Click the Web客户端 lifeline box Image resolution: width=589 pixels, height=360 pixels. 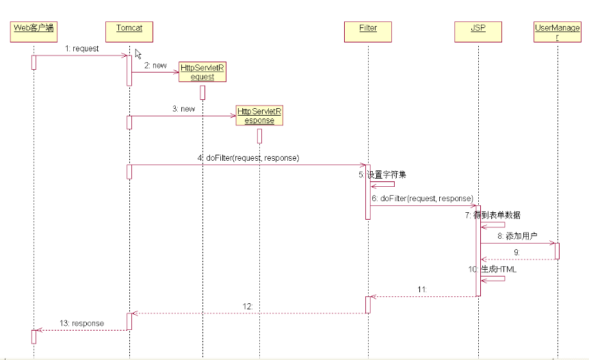pos(34,31)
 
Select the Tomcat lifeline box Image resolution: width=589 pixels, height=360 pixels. pos(129,31)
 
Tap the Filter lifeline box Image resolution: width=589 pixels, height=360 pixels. pos(368,31)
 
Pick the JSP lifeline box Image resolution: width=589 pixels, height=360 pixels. pos(479,31)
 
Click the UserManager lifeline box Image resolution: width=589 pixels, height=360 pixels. pos(558,32)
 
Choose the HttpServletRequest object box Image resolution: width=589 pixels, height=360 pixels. pos(202,72)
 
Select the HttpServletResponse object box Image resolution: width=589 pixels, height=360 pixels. pos(259,115)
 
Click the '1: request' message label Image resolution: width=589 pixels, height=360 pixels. pos(82,49)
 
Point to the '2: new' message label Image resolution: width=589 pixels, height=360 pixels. pos(155,65)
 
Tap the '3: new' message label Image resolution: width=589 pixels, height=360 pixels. pos(183,109)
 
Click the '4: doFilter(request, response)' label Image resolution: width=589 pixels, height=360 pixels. pos(248,158)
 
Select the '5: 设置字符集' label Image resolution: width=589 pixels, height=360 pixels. pos(382,175)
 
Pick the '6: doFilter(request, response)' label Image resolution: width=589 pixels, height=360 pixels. pos(423,198)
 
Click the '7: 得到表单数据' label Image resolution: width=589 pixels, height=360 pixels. pos(493,215)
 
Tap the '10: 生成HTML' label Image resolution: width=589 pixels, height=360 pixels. pos(493,269)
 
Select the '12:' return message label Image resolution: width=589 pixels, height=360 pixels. pos(248,307)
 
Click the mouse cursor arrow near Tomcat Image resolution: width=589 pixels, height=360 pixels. pos(138,54)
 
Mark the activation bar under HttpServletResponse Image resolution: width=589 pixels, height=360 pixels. pos(260,136)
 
